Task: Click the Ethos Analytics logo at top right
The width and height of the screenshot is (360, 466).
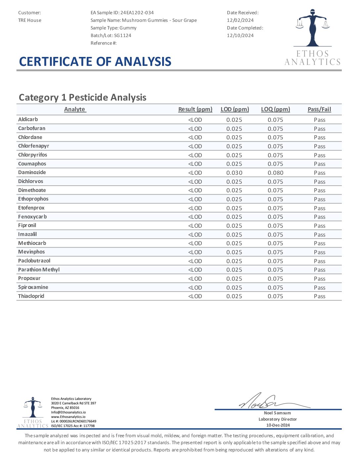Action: point(312,37)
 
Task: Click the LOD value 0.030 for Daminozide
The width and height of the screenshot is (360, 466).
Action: point(234,173)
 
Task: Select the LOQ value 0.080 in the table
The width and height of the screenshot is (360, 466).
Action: point(275,173)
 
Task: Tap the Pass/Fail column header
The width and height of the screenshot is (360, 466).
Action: point(319,109)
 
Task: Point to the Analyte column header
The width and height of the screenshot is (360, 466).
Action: point(75,109)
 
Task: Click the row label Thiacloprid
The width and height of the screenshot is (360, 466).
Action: point(31,296)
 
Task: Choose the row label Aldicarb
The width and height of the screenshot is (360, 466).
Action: point(28,119)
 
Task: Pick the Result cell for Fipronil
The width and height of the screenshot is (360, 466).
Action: point(195,226)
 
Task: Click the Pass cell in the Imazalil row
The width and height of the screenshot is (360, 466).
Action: point(320,235)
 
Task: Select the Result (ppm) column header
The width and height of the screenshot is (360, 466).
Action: point(195,109)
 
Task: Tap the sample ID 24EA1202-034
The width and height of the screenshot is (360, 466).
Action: point(137,13)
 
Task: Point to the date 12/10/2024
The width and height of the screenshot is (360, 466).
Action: point(240,35)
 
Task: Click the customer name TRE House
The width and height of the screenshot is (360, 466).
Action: point(30,20)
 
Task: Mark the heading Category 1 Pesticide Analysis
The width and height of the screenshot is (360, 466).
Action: point(83,97)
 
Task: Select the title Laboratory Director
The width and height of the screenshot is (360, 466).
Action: point(278,419)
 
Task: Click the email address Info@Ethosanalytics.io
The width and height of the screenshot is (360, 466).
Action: point(68,412)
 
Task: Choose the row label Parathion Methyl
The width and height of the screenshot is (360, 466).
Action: point(39,270)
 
